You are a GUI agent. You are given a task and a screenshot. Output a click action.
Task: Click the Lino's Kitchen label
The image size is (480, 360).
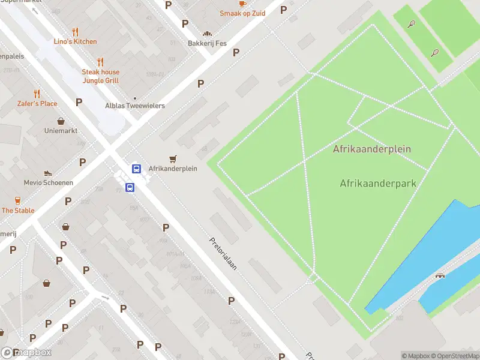pos(75,41)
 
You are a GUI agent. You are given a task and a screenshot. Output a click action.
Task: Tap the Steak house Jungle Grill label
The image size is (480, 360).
pos(101,76)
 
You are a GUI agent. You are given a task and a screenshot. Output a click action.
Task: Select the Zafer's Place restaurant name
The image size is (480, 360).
pos(37,104)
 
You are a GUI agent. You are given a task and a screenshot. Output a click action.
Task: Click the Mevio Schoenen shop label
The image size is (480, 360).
pos(49,182)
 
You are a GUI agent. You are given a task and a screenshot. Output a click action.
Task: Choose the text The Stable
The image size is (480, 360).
pos(18,211)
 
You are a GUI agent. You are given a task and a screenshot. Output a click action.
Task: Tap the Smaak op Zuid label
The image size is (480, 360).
pos(242,13)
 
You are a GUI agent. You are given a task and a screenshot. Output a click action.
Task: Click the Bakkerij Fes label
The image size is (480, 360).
pos(208,43)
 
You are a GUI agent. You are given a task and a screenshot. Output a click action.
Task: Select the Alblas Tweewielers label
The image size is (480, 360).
pos(135,106)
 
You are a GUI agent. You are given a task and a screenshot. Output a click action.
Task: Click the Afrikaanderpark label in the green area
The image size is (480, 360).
pos(378,183)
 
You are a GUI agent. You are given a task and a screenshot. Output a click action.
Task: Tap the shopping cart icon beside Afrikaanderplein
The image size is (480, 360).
pos(173,159)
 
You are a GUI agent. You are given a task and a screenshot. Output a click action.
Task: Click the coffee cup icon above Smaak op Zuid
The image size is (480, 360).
pos(242,3)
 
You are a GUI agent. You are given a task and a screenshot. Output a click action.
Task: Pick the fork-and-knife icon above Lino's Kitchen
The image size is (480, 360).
pos(75,32)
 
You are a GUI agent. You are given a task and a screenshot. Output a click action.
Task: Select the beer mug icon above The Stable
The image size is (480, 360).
pos(18,201)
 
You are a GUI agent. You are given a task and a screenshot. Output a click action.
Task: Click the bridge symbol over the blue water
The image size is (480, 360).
pos(441,275)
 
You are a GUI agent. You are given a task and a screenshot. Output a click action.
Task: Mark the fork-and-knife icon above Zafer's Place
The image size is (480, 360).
pos(37,94)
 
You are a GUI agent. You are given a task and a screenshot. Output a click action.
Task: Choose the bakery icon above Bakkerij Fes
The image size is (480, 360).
pos(208,34)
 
